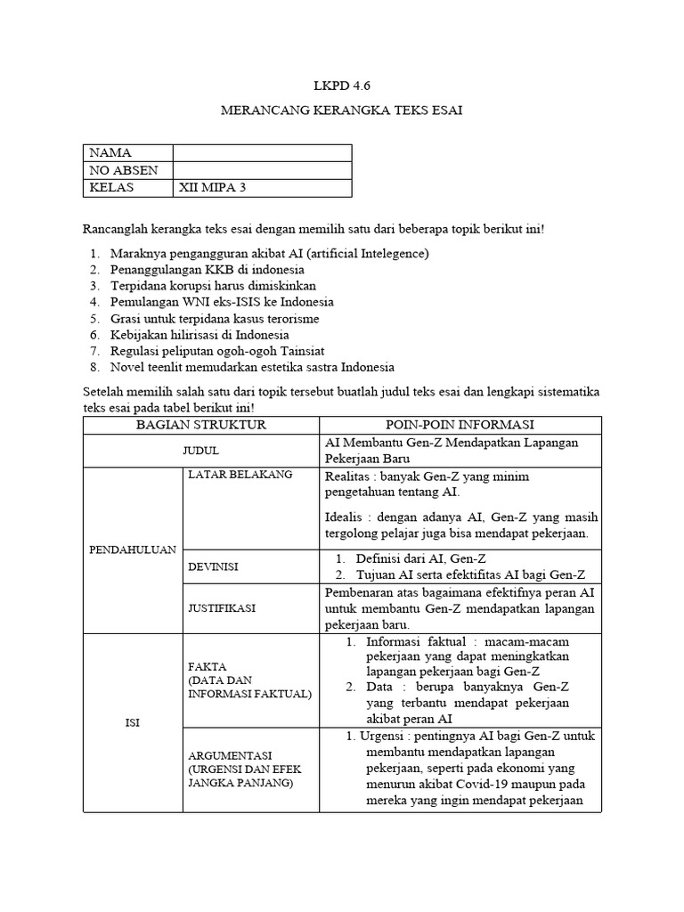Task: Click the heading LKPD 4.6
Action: click(x=341, y=85)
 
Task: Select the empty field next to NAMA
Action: click(x=262, y=153)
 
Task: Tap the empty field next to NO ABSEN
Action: click(x=262, y=170)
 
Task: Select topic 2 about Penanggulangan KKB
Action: click(x=207, y=269)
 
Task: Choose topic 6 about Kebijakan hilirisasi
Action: click(x=199, y=335)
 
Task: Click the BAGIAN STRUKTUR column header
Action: click(x=201, y=425)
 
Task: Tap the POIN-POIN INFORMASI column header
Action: click(x=460, y=425)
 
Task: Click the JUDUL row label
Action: click(x=201, y=451)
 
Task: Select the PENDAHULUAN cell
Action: click(x=133, y=550)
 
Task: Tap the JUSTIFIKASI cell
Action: click(x=222, y=607)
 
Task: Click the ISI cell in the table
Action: click(x=133, y=723)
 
